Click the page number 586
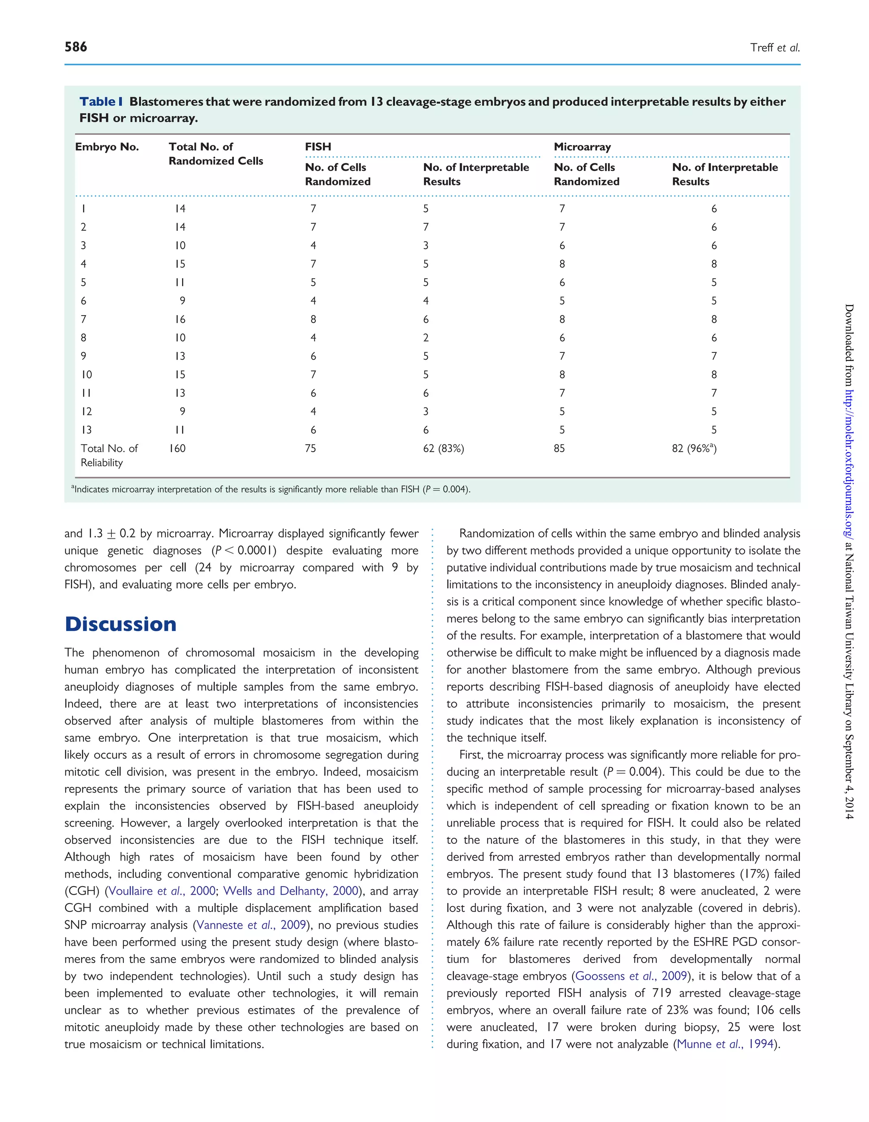pyautogui.click(x=76, y=47)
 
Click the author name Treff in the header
pyautogui.click(x=761, y=48)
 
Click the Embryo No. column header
pyautogui.click(x=107, y=147)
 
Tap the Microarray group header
pyautogui.click(x=582, y=147)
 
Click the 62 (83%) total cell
pyautogui.click(x=443, y=448)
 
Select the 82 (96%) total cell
pyautogui.click(x=693, y=448)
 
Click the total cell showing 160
pyautogui.click(x=177, y=448)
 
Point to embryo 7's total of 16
pyautogui.click(x=179, y=319)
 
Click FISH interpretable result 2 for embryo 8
pyautogui.click(x=426, y=338)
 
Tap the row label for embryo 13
pyautogui.click(x=86, y=430)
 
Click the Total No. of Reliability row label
pyautogui.click(x=109, y=455)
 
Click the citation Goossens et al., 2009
pyautogui.click(x=631, y=976)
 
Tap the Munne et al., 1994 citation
pyautogui.click(x=725, y=1044)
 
